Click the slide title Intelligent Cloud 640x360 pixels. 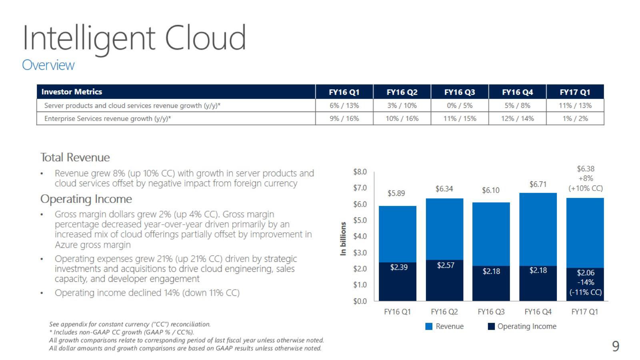(x=134, y=38)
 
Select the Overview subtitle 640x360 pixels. (x=48, y=65)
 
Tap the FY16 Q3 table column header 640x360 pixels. (x=460, y=92)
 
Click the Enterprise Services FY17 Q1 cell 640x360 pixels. (x=575, y=118)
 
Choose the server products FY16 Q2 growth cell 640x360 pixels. (x=402, y=106)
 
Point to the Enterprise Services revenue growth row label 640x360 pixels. (x=108, y=118)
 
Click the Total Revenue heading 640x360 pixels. (x=75, y=158)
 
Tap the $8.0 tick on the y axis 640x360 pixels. (x=360, y=172)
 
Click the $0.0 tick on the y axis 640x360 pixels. (x=360, y=301)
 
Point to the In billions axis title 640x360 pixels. (x=343, y=238)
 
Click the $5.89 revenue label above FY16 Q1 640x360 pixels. (x=396, y=194)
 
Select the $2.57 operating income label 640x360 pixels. (x=446, y=266)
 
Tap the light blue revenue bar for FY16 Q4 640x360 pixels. (x=538, y=230)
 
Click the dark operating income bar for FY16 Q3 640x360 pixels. (x=491, y=284)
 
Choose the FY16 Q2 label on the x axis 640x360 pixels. (x=444, y=312)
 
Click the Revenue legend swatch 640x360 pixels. (x=429, y=326)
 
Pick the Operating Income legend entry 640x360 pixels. (x=522, y=326)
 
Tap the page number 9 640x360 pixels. (x=616, y=346)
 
